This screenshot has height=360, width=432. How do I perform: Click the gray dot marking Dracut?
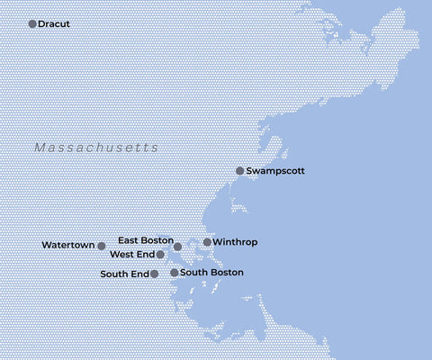point(33,23)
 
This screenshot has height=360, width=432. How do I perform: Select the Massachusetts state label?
point(96,148)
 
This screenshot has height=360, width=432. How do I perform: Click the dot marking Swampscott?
point(239,170)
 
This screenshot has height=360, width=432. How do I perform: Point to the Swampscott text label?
point(277,170)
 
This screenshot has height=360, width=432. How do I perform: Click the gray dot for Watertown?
point(102,246)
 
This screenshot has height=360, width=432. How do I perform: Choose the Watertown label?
point(67,245)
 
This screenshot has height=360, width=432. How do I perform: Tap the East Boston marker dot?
point(177,246)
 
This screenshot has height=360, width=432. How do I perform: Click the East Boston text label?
point(145,240)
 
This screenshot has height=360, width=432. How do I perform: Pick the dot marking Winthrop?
point(207,242)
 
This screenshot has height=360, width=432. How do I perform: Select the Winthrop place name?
point(237,242)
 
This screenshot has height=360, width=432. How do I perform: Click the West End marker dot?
point(160,255)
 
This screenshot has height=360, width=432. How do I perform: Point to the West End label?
point(131,255)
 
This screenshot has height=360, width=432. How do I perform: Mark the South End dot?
point(155,274)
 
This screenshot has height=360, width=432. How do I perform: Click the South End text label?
point(124,274)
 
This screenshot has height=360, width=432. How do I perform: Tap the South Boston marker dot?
point(174,272)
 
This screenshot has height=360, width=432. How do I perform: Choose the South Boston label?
point(211,272)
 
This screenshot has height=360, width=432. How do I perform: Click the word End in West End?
point(144,255)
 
